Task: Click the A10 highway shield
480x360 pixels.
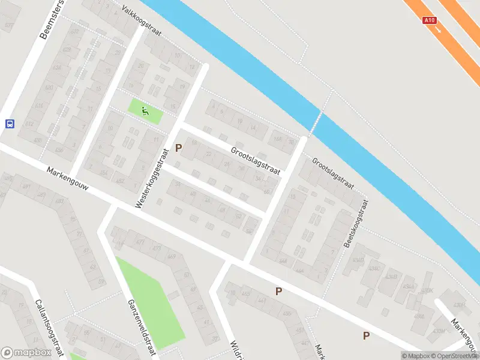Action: (x=429, y=20)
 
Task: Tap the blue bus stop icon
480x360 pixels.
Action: (x=10, y=124)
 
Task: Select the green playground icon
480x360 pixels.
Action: (x=145, y=110)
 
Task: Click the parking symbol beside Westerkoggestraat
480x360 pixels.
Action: (x=178, y=148)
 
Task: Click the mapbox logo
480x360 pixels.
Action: (x=26, y=353)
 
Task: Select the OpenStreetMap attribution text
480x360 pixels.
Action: (x=456, y=356)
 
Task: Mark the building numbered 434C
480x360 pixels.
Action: (x=375, y=268)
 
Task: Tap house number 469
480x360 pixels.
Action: (x=172, y=257)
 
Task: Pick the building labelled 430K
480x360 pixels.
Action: (x=428, y=290)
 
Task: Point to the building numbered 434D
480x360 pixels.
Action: (x=359, y=260)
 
